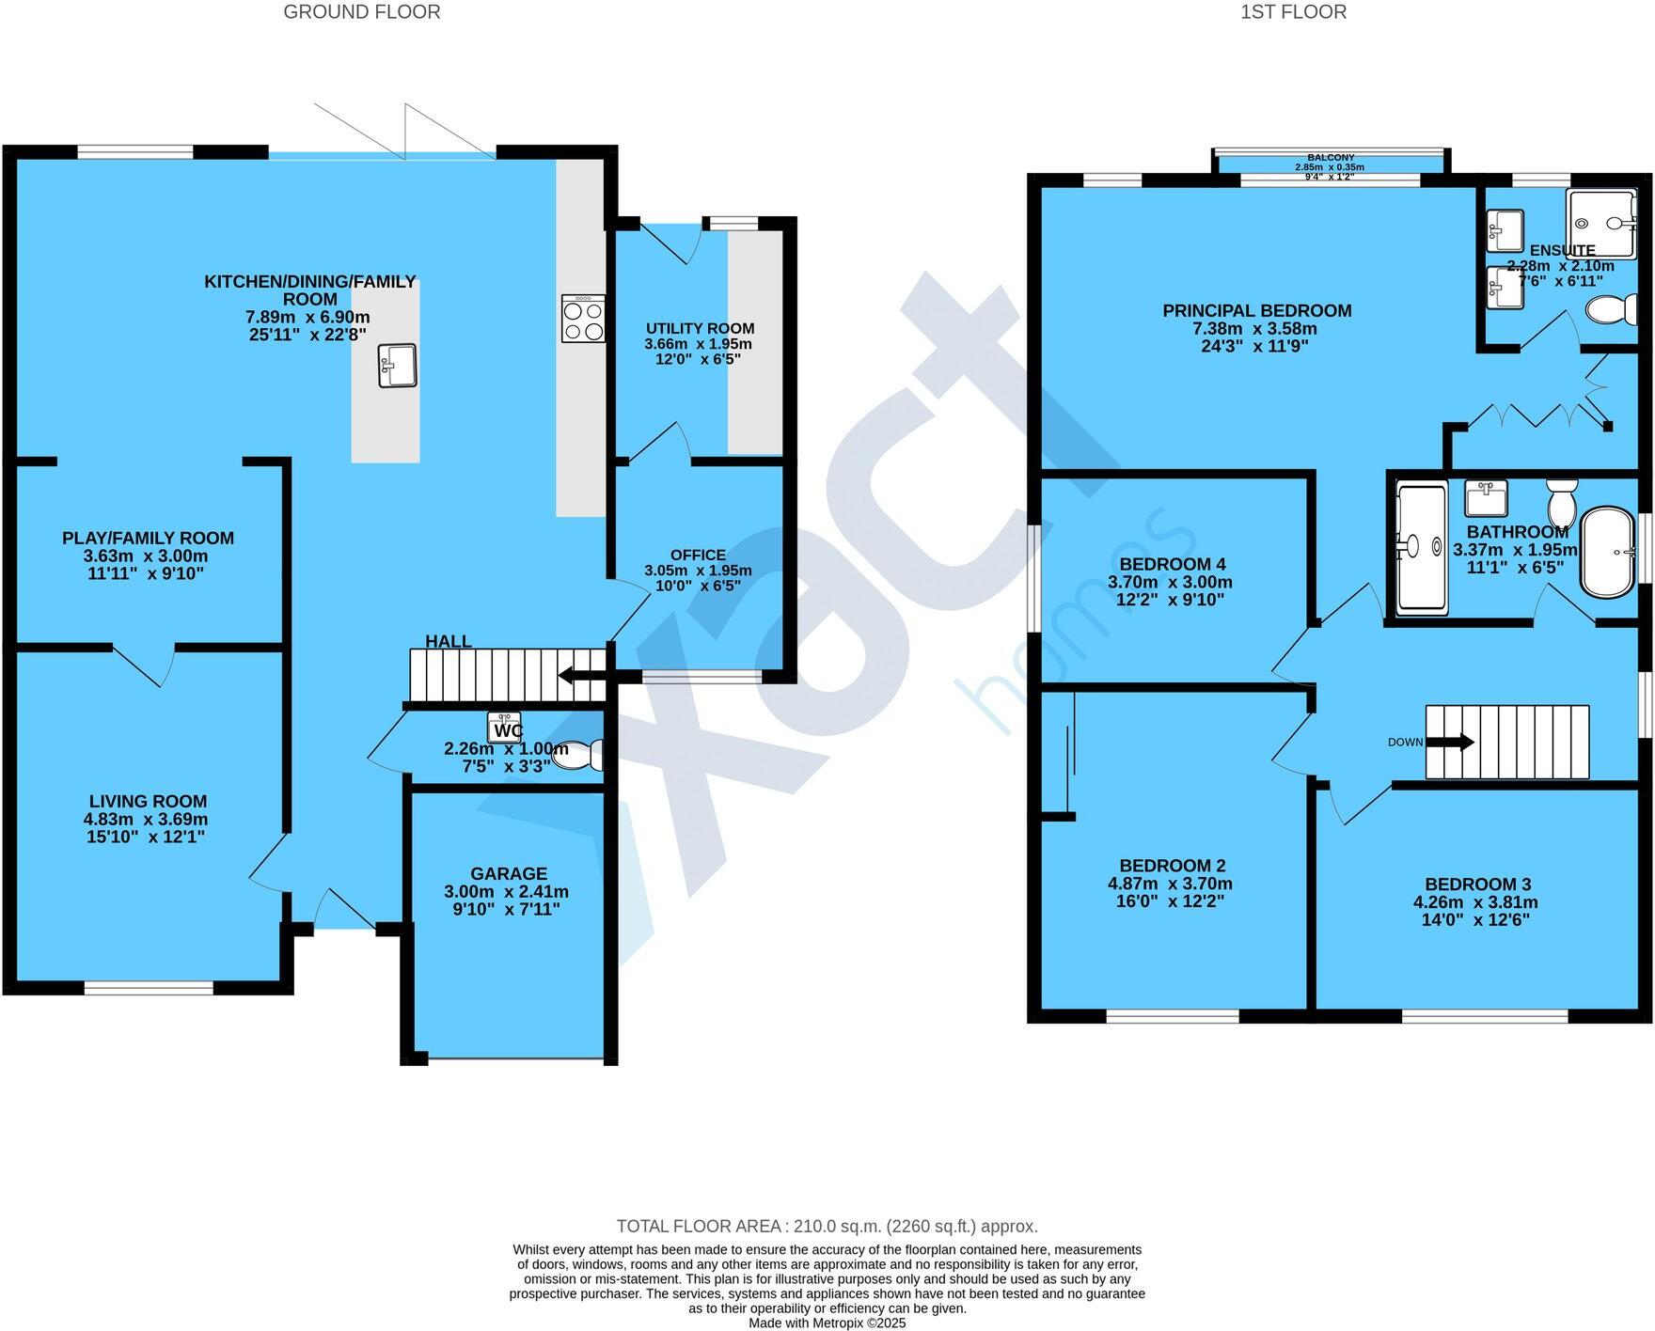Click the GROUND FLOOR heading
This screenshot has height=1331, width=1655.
(x=361, y=12)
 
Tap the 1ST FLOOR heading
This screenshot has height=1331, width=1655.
(x=1293, y=12)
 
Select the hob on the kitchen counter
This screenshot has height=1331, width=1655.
(x=583, y=319)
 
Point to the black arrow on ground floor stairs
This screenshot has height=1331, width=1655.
(x=581, y=675)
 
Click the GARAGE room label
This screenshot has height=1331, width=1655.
(x=509, y=873)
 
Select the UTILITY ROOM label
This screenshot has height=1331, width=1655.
(x=700, y=328)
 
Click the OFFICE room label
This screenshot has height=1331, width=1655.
(x=698, y=555)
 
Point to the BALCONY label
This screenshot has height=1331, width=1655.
(x=1330, y=158)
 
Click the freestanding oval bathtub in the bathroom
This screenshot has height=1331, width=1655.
(x=1607, y=553)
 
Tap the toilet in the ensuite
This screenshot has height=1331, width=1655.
(x=1612, y=309)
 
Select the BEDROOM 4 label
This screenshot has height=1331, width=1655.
(x=1172, y=564)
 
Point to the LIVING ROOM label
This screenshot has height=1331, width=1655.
(x=148, y=801)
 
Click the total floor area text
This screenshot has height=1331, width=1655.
(x=827, y=1226)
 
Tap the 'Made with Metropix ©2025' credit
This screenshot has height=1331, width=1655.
(x=827, y=1323)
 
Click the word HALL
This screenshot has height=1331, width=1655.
(x=449, y=641)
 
